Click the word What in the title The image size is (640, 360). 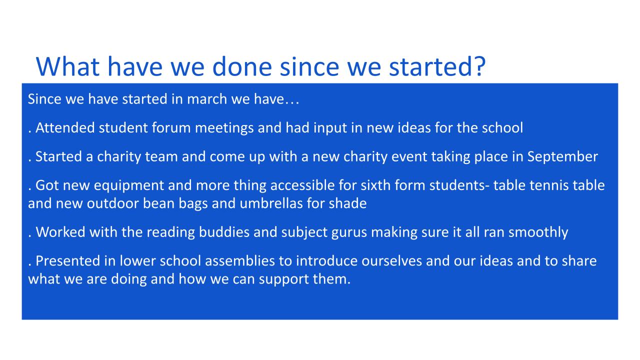pos(67,66)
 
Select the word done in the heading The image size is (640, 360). pos(242,66)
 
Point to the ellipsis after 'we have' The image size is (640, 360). pos(291,103)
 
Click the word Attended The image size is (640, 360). pos(65,127)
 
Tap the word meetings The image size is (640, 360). pos(224,128)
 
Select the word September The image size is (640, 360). pos(562,157)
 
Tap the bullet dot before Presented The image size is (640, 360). pos(29,265)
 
